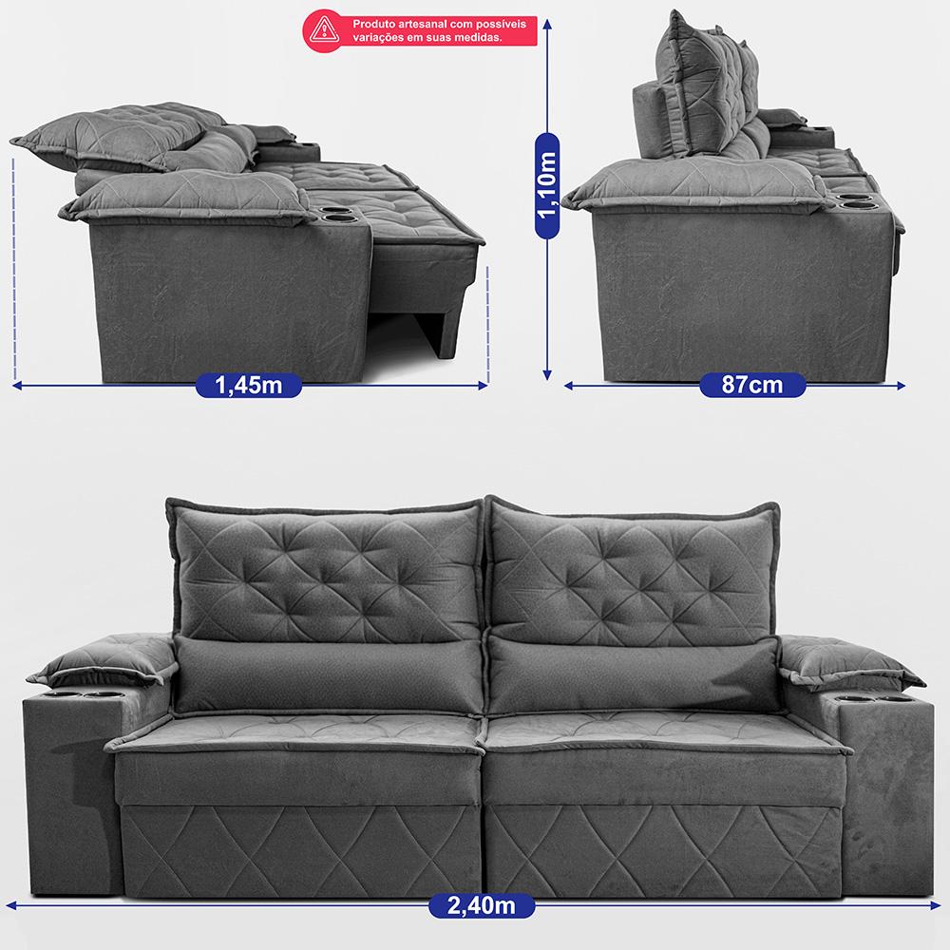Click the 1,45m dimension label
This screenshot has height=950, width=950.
(248, 385)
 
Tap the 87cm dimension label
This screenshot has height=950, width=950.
(751, 385)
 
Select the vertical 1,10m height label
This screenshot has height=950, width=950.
(547, 185)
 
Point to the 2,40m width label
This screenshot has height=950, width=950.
(482, 905)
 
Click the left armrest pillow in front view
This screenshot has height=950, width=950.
(103, 661)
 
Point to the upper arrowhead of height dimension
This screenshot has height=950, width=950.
(547, 25)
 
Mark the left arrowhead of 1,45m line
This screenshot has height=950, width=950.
(17, 385)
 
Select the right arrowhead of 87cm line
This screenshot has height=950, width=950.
(901, 385)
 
